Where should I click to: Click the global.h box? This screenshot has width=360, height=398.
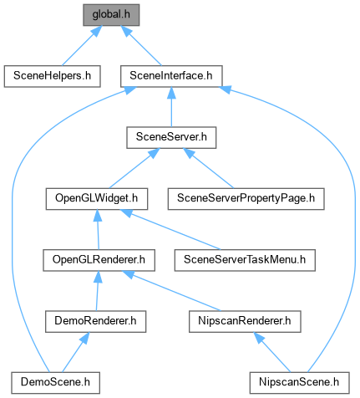coord(111,15)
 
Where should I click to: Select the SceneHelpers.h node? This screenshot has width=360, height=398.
coord(52,76)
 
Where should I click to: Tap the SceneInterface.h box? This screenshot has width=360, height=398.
coord(171,76)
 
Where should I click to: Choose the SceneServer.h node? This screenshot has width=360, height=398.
coord(171,138)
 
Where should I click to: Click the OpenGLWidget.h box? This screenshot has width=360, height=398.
coord(97,199)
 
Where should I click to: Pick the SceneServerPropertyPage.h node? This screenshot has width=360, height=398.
coord(246,199)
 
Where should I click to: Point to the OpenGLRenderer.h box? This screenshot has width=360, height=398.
coord(99,260)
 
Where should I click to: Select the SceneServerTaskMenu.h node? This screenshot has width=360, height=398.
coord(245,260)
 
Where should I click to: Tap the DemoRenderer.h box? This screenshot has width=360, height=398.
coord(95,322)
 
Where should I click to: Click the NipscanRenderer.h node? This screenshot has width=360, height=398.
coord(245,322)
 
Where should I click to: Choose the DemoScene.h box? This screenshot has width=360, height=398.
coord(55,383)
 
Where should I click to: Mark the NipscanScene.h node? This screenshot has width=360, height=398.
coord(299,383)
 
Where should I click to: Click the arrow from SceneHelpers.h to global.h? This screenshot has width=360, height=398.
coord(82,46)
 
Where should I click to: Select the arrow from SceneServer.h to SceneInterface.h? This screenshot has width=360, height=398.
coord(171,107)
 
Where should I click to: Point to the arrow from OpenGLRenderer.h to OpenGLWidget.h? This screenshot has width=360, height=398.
coord(98,230)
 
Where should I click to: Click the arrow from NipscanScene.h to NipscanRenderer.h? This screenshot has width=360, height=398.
coord(271,352)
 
